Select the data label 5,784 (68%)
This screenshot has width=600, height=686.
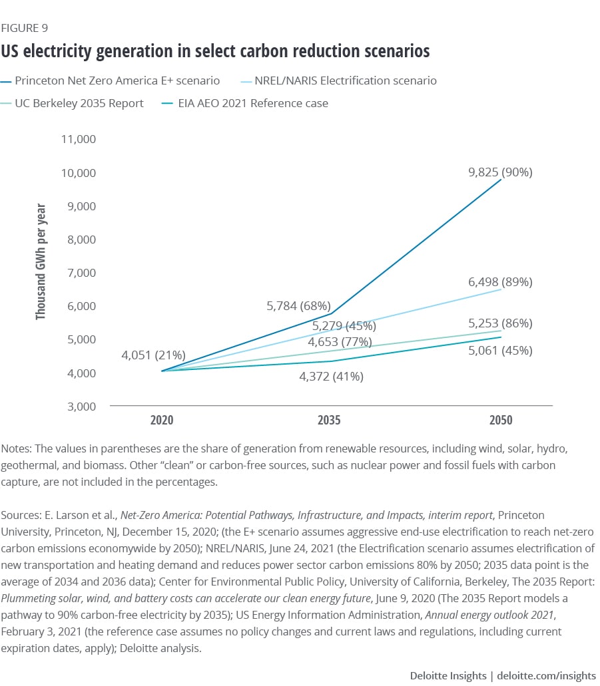click(x=298, y=306)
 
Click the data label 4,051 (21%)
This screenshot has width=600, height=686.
click(x=152, y=355)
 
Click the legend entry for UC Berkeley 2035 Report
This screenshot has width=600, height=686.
click(x=79, y=103)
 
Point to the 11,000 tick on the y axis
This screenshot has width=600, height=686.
click(x=79, y=139)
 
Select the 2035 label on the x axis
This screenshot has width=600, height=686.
click(x=330, y=421)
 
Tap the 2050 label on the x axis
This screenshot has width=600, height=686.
click(x=501, y=421)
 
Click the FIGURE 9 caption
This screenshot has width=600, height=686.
click(x=25, y=28)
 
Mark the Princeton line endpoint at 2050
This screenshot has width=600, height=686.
click(x=501, y=180)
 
